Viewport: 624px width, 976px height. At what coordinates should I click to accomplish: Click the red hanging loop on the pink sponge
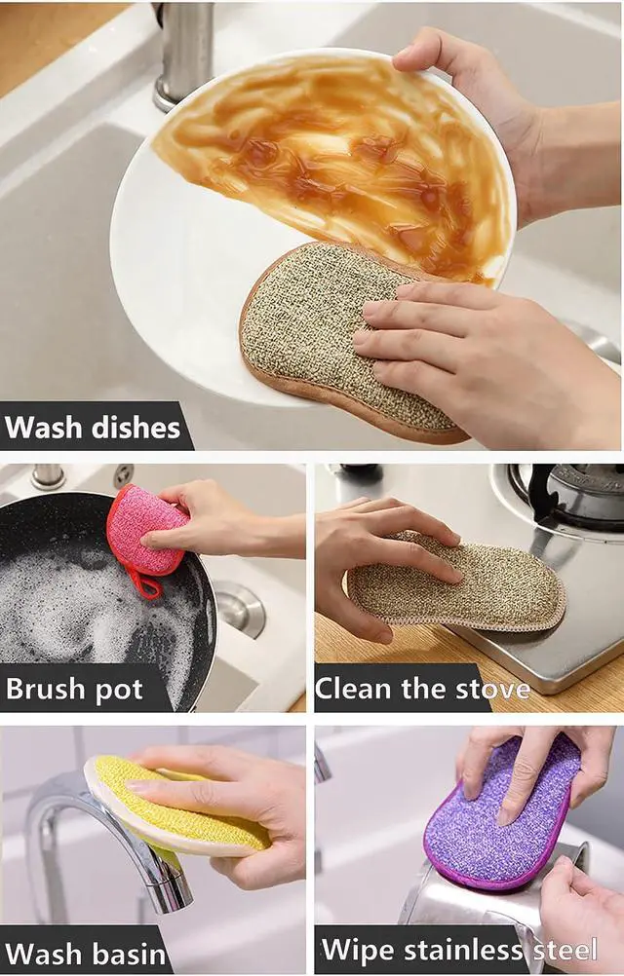tap(143, 582)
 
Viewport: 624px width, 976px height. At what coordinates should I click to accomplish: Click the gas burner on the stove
tap(566, 495)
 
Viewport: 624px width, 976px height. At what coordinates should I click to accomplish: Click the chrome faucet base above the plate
tap(182, 56)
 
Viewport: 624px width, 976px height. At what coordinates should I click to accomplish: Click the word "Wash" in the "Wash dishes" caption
tap(44, 427)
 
